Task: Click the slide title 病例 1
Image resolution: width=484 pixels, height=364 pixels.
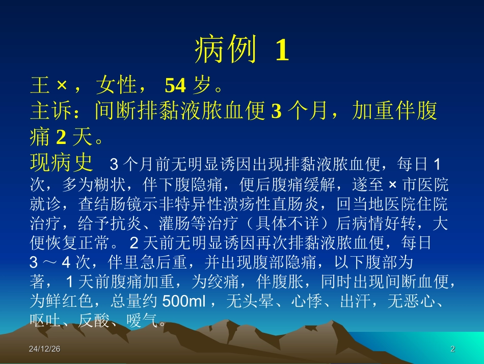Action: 241,51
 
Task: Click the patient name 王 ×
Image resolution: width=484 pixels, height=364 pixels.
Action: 49,86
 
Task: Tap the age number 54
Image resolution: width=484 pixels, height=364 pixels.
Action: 175,86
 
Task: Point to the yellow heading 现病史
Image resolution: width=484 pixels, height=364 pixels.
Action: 61,163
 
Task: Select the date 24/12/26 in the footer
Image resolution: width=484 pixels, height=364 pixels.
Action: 45,349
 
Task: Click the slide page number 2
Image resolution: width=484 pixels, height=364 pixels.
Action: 452,349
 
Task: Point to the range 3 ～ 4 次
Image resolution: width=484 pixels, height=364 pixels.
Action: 60,263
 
